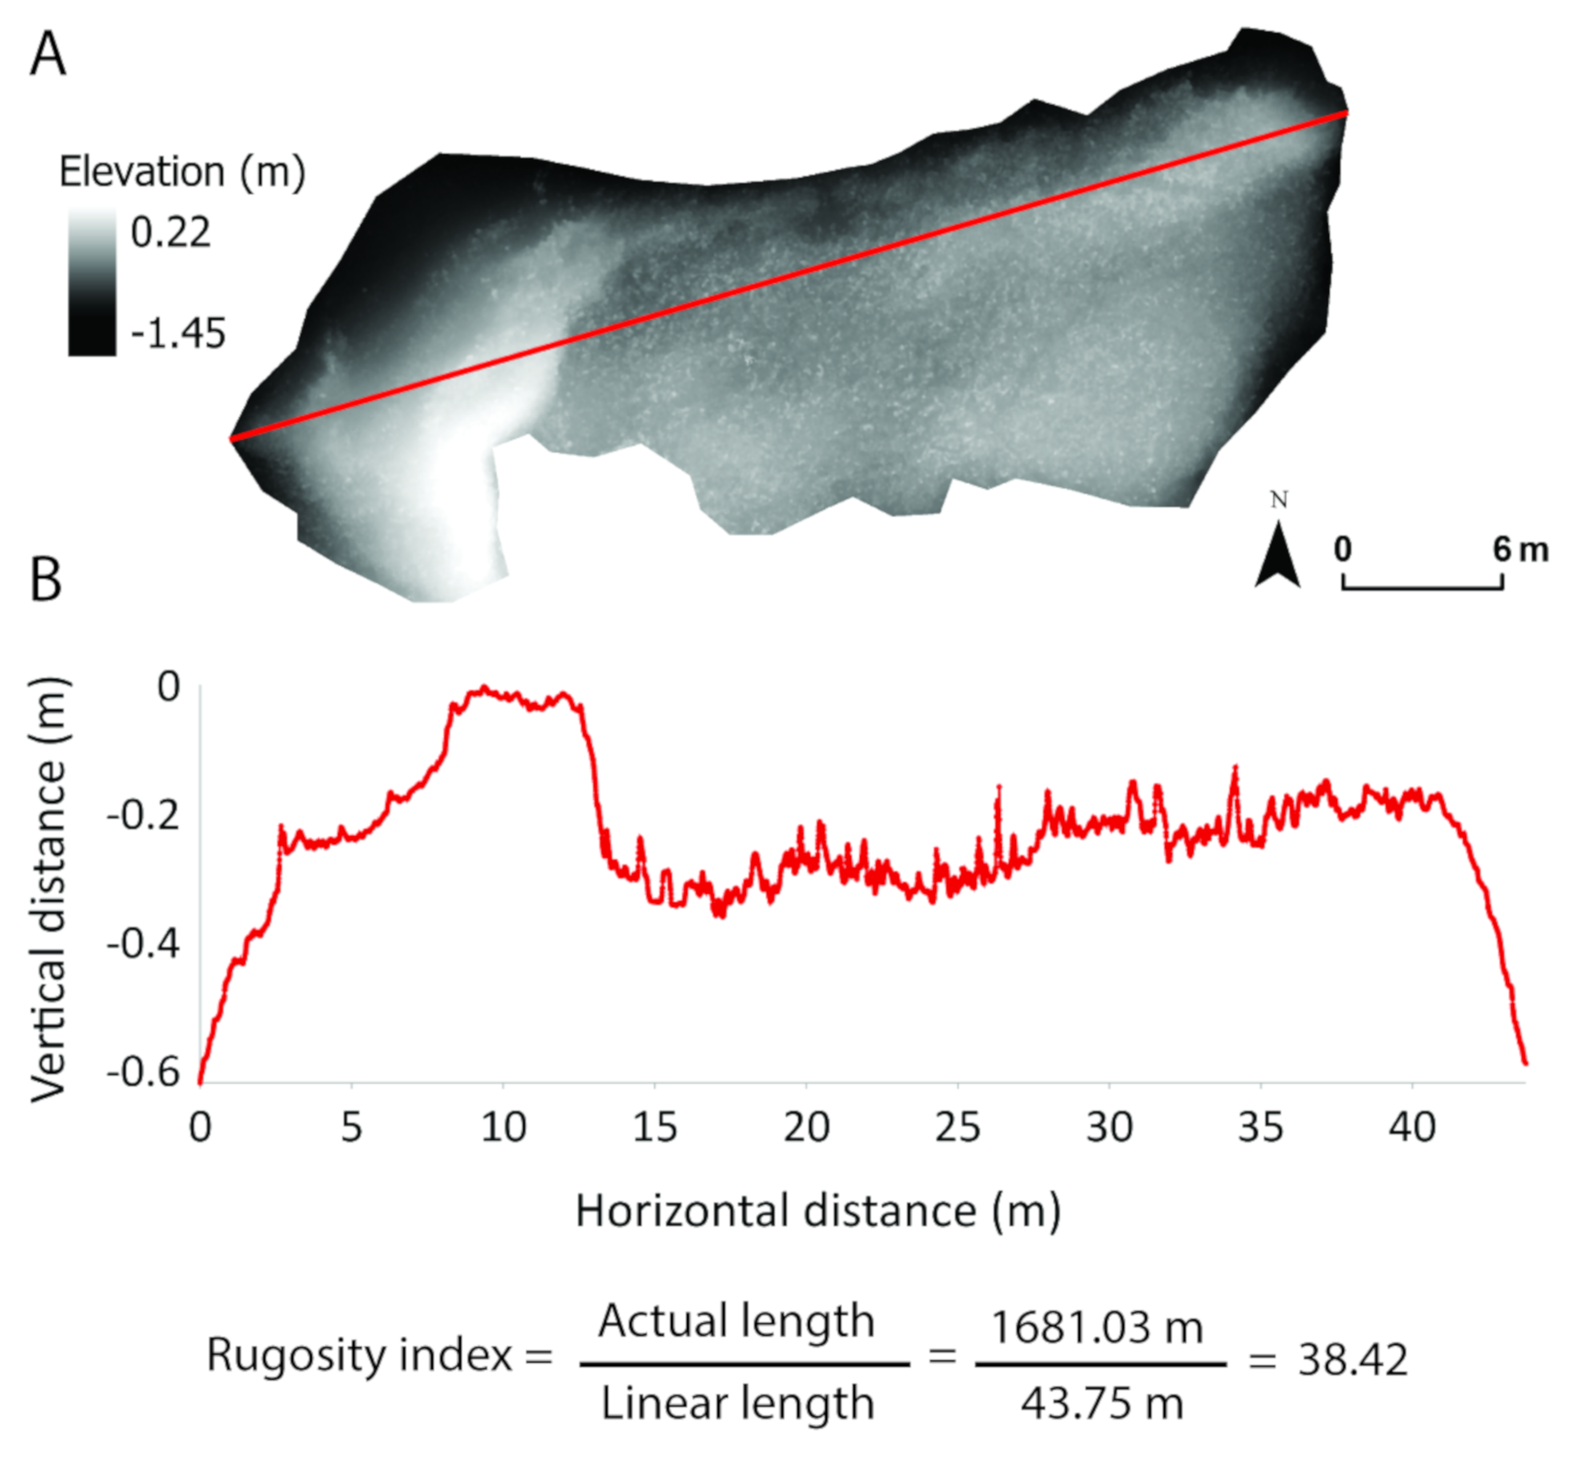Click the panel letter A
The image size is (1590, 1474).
pos(48,54)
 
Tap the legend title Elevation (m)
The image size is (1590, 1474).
pos(182,172)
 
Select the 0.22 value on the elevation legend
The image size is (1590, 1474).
pos(171,232)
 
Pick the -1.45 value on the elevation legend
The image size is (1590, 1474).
pos(178,333)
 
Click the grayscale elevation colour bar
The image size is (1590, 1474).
pos(92,282)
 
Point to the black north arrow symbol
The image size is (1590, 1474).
pos(1277,557)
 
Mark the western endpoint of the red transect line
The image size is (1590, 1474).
pos(231,438)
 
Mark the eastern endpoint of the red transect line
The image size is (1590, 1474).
pos(1346,113)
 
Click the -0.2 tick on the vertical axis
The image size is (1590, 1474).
pos(144,815)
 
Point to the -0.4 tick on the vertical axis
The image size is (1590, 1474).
pos(144,944)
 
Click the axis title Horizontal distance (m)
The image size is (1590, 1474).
pos(817,1211)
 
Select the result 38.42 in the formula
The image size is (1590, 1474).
pos(1352,1360)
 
